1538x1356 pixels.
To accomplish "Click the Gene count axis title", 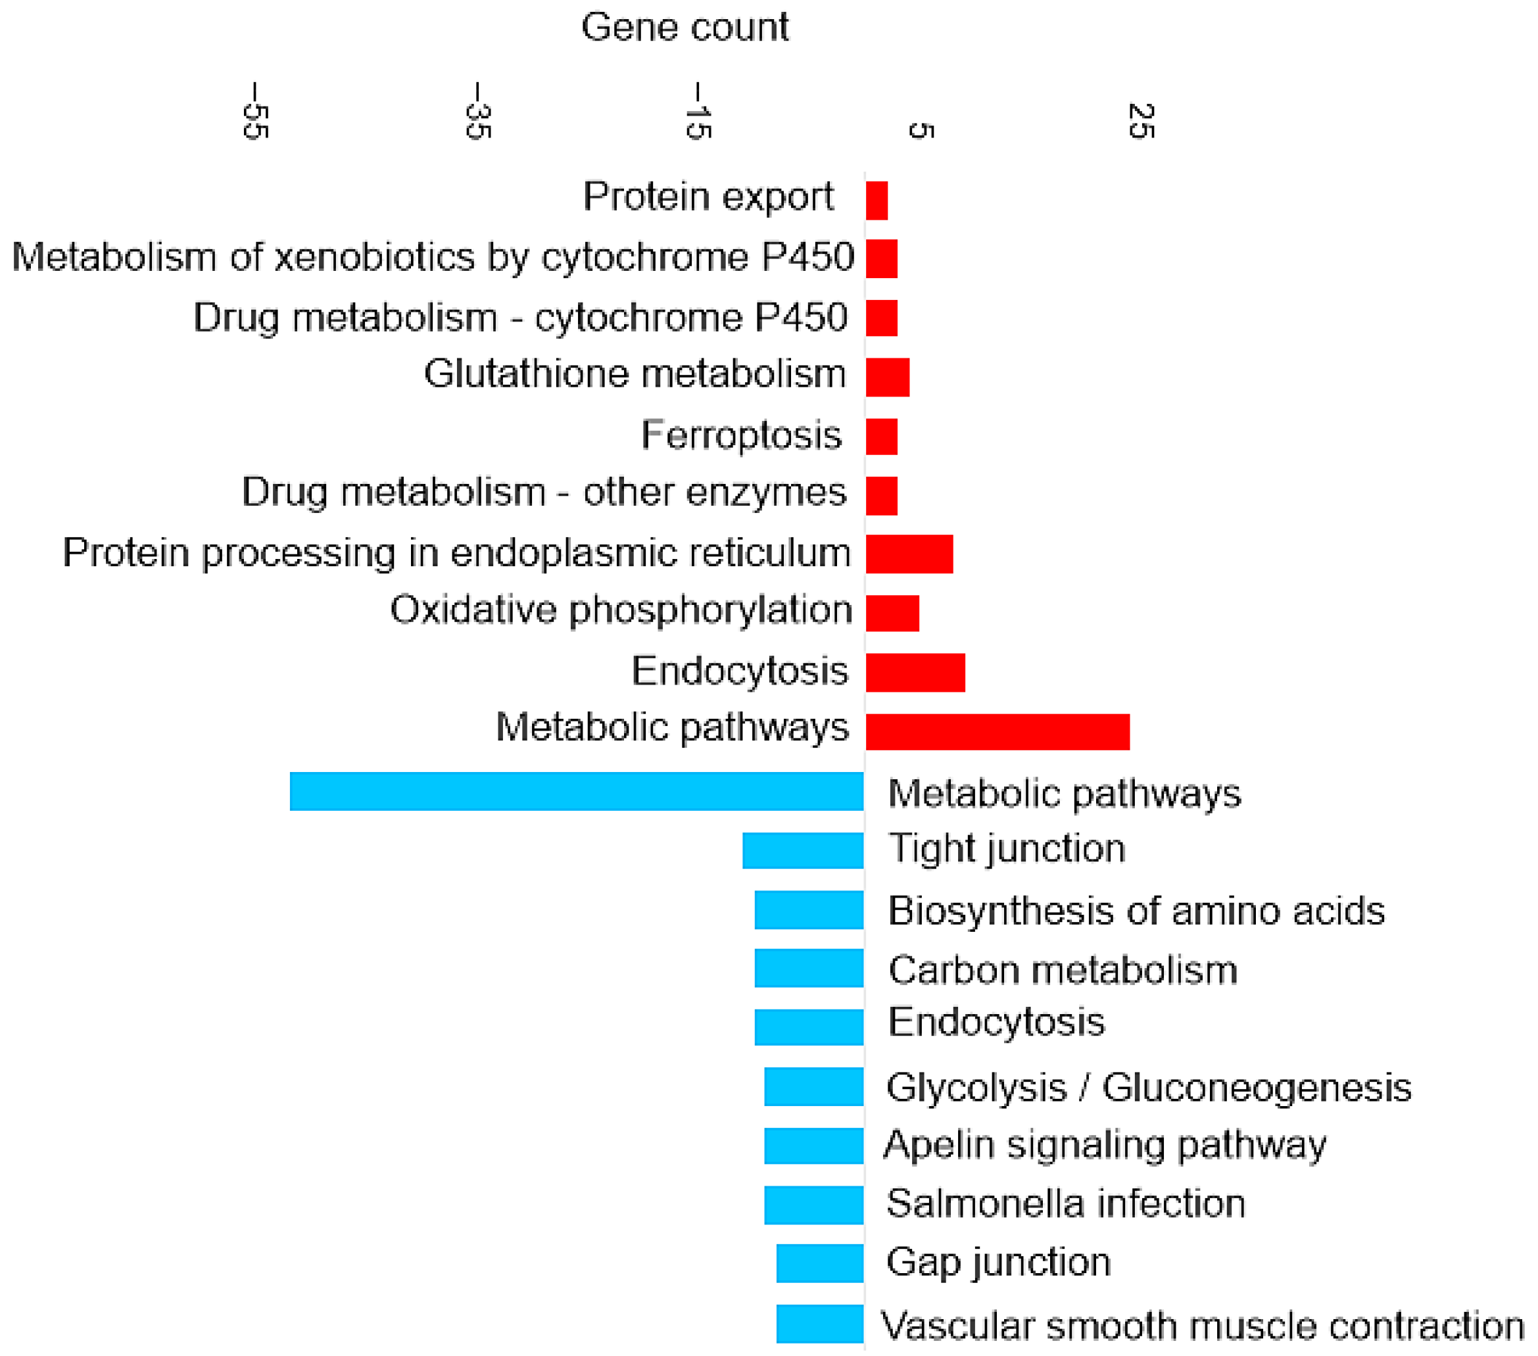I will [684, 28].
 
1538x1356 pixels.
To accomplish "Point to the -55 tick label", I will [256, 111].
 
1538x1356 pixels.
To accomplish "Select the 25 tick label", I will [1141, 120].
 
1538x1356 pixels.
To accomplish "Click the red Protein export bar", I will [877, 200].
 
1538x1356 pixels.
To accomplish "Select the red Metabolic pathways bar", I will [997, 731].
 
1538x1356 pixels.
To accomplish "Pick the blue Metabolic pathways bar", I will [577, 791].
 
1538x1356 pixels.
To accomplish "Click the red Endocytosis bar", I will [915, 672].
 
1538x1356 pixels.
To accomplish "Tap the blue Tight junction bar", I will [802, 850].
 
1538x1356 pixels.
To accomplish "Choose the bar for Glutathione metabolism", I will [887, 377].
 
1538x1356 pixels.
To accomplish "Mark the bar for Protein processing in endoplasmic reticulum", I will [909, 554].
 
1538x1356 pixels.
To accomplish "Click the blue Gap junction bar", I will [819, 1263].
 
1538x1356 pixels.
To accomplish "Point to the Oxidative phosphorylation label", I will [621, 610].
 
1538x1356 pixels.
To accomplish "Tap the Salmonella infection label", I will [1065, 1203].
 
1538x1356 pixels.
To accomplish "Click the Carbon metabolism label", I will [1063, 970].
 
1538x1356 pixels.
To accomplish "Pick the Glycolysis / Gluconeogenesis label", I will [1148, 1087].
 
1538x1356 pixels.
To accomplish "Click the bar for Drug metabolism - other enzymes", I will [881, 495].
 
